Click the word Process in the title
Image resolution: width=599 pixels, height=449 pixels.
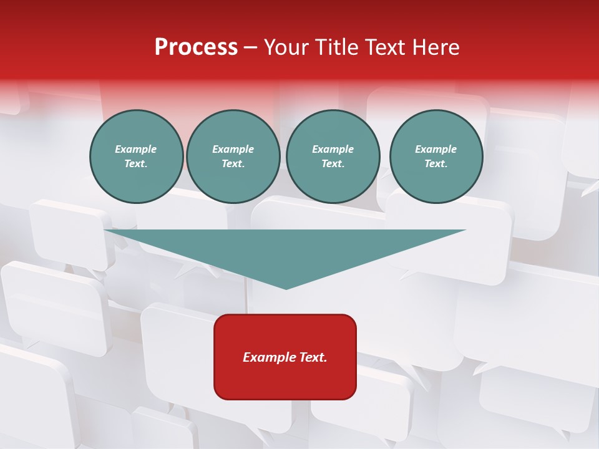pyautogui.click(x=196, y=47)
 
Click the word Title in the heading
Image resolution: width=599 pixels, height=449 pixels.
pyautogui.click(x=336, y=47)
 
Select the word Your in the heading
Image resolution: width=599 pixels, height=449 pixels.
pyautogui.click(x=287, y=47)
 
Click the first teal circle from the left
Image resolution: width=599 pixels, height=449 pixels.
pyautogui.click(x=136, y=156)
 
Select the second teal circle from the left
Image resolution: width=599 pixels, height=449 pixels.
pyautogui.click(x=233, y=156)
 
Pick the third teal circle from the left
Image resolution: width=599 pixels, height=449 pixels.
pyautogui.click(x=333, y=156)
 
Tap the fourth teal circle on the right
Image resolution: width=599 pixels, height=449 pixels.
pyautogui.click(x=436, y=156)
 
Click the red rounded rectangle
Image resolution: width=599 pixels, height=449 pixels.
pyautogui.click(x=285, y=356)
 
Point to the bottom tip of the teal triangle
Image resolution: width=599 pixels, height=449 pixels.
pyautogui.click(x=286, y=288)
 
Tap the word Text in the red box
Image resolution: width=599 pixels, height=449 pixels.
pyautogui.click(x=312, y=357)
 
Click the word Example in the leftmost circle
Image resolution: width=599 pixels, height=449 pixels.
pyautogui.click(x=136, y=149)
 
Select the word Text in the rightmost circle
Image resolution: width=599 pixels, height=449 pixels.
pyautogui.click(x=436, y=164)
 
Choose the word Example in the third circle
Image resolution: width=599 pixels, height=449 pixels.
pyautogui.click(x=333, y=149)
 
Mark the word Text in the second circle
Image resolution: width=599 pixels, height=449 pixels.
pyautogui.click(x=233, y=164)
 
